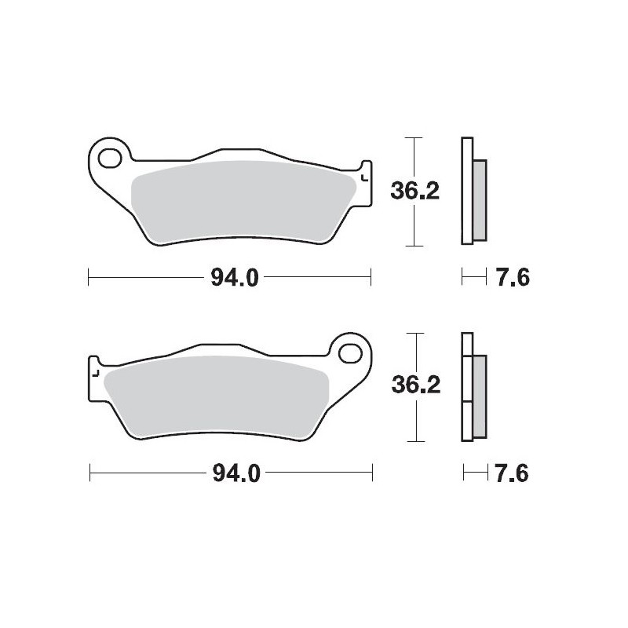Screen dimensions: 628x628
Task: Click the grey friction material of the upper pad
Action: point(235,200)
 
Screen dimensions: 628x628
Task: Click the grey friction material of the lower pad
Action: point(220,396)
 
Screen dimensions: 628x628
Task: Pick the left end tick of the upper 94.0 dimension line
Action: point(89,276)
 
